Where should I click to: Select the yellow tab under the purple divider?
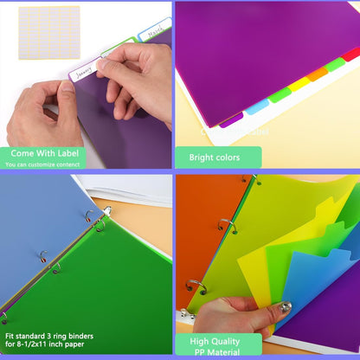point(298,84)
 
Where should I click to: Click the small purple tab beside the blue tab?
point(231,119)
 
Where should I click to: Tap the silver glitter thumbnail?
point(284,307)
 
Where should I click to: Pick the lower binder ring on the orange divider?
point(194,286)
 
